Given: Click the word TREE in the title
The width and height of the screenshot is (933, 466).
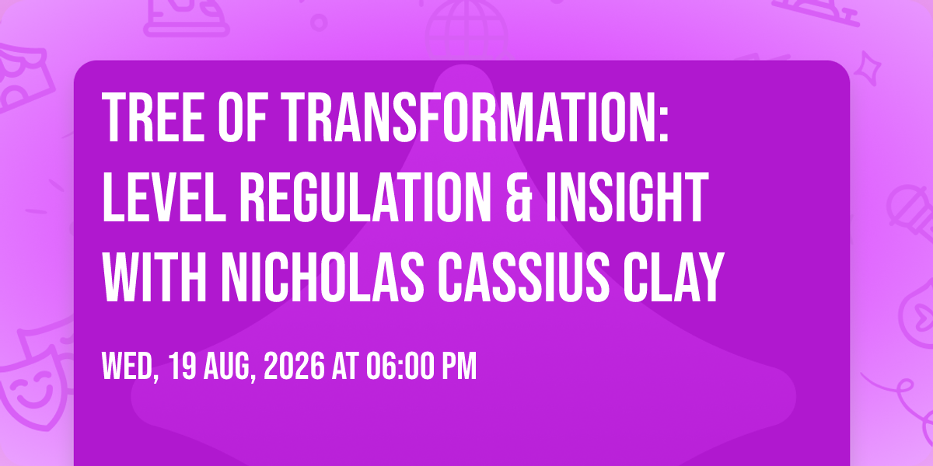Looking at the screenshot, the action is [153, 118].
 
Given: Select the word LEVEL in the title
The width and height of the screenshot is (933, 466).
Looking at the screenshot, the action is [164, 197].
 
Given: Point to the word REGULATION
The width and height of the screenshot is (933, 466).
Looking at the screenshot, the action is [365, 197].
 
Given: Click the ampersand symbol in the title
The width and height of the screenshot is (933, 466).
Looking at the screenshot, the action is [519, 197].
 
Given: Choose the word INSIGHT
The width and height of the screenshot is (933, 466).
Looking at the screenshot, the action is [627, 197].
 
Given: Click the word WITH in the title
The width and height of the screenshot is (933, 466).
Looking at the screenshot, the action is [154, 276].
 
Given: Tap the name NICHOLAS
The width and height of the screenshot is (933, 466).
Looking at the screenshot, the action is [323, 276].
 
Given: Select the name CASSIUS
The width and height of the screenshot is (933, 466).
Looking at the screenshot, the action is [524, 276].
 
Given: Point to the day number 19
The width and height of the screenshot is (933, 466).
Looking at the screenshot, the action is [182, 366].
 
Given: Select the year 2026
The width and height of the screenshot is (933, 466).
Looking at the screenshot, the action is [294, 366].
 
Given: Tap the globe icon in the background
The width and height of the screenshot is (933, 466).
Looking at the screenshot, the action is [466, 27].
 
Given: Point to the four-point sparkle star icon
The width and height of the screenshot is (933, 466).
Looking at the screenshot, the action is [868, 68].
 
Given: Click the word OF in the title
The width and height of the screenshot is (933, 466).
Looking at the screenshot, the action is [243, 118].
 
